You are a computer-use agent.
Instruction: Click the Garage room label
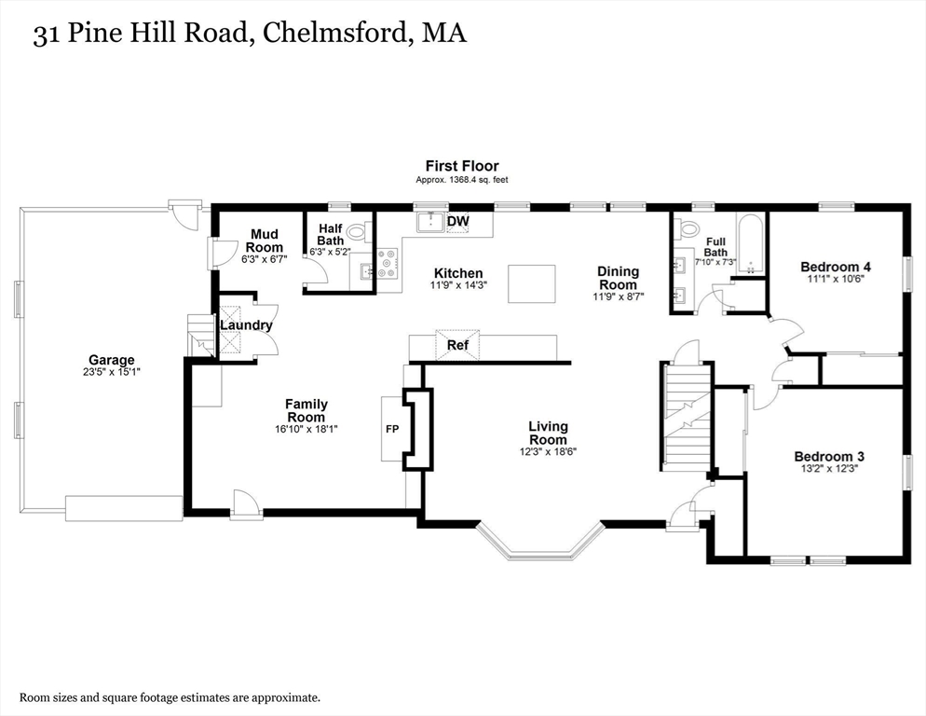[111, 360]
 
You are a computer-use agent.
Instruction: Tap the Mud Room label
[264, 241]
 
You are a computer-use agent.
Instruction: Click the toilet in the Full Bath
[689, 228]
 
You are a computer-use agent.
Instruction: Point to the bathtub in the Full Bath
[750, 243]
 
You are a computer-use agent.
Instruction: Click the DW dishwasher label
[457, 221]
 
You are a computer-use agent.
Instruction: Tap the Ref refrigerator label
[457, 345]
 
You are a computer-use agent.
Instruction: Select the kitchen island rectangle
[531, 283]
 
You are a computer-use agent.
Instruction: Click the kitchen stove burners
[388, 264]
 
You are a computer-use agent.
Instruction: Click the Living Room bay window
[540, 544]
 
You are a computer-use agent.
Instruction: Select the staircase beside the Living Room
[687, 415]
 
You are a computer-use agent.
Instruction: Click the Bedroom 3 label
[828, 456]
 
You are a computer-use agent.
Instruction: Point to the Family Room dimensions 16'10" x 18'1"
[306, 429]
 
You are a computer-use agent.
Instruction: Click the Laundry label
[246, 325]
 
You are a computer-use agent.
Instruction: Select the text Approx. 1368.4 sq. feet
[461, 180]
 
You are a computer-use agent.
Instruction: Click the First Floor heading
[462, 166]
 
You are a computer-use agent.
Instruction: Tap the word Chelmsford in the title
[331, 34]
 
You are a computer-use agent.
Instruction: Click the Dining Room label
[618, 278]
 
